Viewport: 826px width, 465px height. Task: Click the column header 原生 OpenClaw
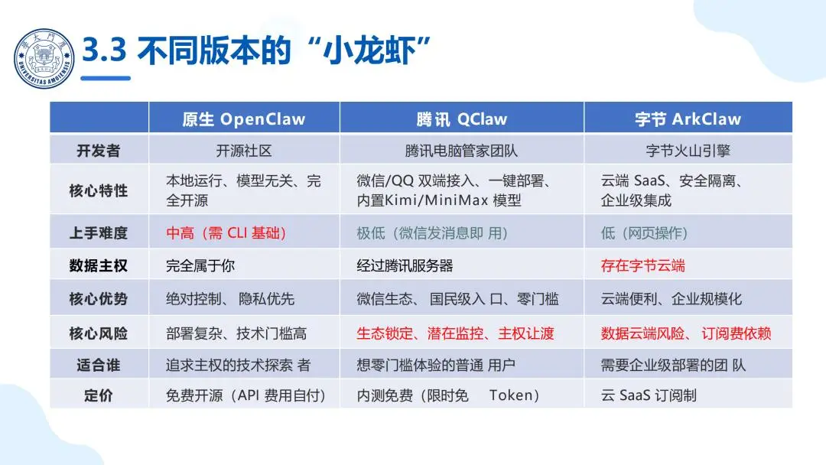(x=243, y=119)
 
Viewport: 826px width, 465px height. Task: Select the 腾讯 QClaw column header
(x=461, y=119)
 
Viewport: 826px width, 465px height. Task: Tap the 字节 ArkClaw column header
(x=688, y=119)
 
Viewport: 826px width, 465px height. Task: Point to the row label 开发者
(x=99, y=151)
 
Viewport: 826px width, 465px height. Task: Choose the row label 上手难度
(x=99, y=232)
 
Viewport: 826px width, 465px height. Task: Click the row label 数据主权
(x=99, y=266)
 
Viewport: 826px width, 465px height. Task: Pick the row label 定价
(x=99, y=395)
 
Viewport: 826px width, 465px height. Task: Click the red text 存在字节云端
(x=642, y=266)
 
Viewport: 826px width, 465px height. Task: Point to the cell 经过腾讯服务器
(x=405, y=266)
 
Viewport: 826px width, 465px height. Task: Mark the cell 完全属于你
(x=200, y=266)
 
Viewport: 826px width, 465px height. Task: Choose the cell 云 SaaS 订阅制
(x=649, y=395)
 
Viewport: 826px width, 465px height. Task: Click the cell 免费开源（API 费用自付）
(x=246, y=395)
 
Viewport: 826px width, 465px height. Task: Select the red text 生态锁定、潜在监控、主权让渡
(x=455, y=333)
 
